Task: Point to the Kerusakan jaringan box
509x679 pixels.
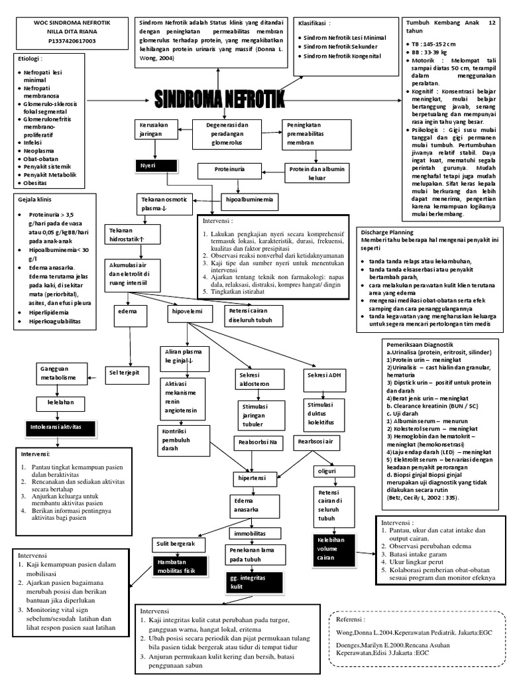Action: point(156,129)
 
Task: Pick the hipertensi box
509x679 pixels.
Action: point(252,477)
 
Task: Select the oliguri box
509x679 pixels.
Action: point(326,471)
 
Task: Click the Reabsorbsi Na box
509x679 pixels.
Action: point(257,442)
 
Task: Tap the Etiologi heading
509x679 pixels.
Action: point(29,58)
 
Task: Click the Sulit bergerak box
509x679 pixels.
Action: point(175,544)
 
